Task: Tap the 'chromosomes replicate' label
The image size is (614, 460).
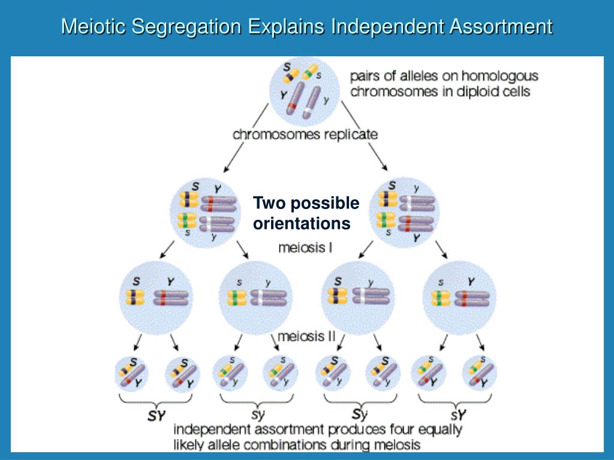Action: (305, 134)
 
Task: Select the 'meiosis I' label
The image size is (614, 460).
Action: (306, 247)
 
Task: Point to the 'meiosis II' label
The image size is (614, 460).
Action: (306, 337)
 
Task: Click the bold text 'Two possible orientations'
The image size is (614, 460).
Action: (306, 213)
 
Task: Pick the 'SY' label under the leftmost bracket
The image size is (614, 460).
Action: (156, 415)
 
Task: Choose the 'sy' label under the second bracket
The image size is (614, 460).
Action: (257, 415)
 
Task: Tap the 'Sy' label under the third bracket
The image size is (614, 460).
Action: (359, 414)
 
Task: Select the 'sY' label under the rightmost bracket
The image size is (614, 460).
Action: (459, 415)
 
